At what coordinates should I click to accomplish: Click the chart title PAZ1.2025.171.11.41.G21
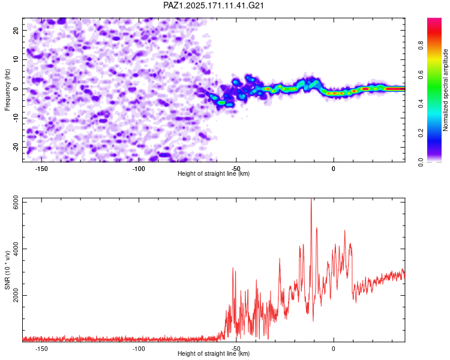pyautogui.click(x=214, y=5)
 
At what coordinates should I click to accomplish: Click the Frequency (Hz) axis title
pyautogui.click(x=7, y=90)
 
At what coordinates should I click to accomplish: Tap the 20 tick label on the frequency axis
pyautogui.click(x=16, y=30)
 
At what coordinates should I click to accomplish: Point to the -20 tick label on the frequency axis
pyautogui.click(x=16, y=147)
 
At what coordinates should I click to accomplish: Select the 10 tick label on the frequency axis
pyautogui.click(x=16, y=59)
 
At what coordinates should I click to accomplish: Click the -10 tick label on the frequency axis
pyautogui.click(x=16, y=118)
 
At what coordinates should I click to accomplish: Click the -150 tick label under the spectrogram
pyautogui.click(x=41, y=169)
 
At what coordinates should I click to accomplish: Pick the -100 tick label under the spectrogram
pyautogui.click(x=139, y=169)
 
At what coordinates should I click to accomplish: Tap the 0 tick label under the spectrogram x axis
pyautogui.click(x=334, y=169)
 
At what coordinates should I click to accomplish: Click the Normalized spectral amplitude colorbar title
pyautogui.click(x=445, y=90)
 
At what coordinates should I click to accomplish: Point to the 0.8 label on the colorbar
pyautogui.click(x=421, y=45)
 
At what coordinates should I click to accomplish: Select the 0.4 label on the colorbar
pyautogui.click(x=421, y=104)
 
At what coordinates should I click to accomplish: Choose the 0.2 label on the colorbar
pyautogui.click(x=421, y=133)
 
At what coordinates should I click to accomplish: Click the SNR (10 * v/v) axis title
pyautogui.click(x=7, y=270)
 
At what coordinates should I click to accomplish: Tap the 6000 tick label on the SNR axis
pyautogui.click(x=16, y=202)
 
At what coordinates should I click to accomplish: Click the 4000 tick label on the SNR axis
pyautogui.click(x=16, y=249)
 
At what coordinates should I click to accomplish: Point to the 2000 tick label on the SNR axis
pyautogui.click(x=16, y=295)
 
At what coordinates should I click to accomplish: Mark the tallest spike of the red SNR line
pyautogui.click(x=311, y=199)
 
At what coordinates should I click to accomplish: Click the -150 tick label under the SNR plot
pyautogui.click(x=41, y=349)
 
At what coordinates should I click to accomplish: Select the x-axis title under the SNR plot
pyautogui.click(x=214, y=353)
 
